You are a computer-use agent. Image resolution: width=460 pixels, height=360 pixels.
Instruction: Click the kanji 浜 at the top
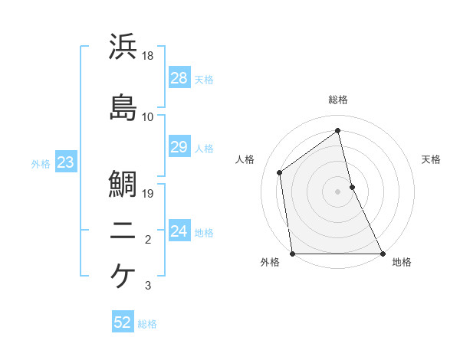123,47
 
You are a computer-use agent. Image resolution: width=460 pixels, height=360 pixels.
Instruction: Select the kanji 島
123,107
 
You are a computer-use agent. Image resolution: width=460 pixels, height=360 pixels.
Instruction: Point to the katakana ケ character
123,276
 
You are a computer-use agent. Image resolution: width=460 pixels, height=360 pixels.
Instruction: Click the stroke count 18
149,56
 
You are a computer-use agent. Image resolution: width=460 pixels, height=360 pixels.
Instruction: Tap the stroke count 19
149,194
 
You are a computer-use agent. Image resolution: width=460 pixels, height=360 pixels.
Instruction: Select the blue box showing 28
179,78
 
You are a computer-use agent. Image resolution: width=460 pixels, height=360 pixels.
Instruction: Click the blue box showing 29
179,147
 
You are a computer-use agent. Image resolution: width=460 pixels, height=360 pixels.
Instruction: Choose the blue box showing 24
179,231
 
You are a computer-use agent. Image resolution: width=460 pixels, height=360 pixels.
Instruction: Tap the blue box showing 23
65,162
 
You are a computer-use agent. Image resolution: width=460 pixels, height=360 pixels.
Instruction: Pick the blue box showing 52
123,323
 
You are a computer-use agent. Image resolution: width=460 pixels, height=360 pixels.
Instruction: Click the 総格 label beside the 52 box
147,324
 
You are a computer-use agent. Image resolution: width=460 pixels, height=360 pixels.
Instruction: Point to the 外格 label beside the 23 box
41,163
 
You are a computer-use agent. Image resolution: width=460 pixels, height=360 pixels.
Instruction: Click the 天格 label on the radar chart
431,159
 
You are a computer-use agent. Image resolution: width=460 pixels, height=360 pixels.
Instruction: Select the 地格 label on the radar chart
402,263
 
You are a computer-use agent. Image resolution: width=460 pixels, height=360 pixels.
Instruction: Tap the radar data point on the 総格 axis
337,130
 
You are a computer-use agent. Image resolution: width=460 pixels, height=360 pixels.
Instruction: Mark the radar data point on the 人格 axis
280,172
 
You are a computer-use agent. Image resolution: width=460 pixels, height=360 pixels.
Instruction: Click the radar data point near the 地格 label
382,254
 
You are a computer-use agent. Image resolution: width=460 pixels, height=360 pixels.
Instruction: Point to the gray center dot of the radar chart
337,191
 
